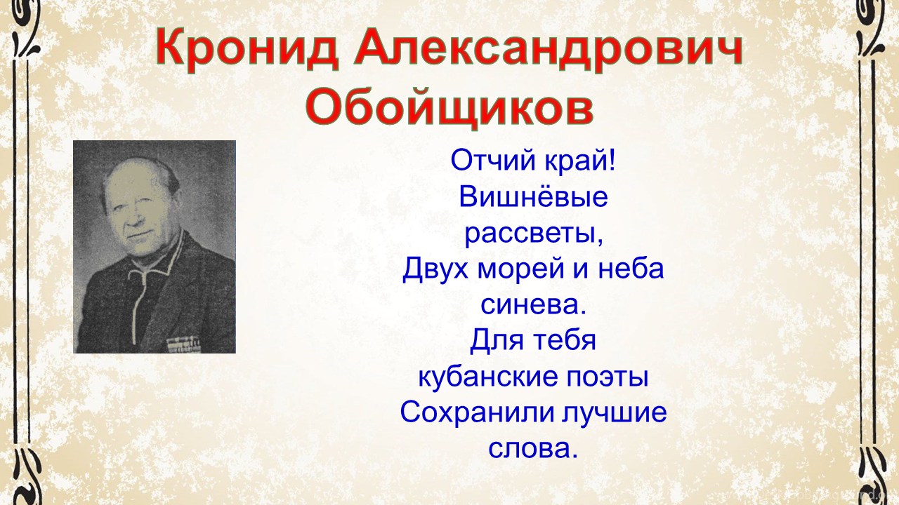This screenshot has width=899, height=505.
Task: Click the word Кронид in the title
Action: (247, 50)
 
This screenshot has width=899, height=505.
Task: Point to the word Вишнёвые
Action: (533, 196)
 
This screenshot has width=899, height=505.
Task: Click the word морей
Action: (520, 269)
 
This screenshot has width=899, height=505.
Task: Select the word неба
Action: (631, 269)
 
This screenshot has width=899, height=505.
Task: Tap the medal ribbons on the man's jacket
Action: (183, 344)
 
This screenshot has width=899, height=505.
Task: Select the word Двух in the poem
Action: (435, 269)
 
